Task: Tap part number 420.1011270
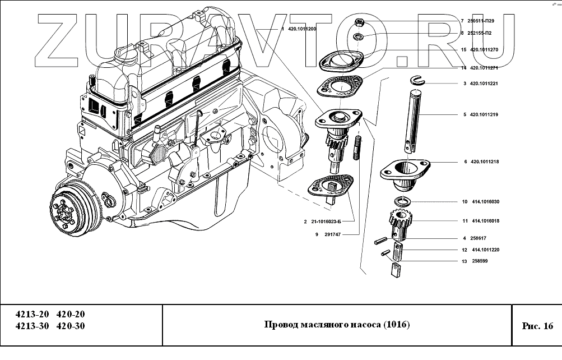point(485,49)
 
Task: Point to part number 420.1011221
point(485,84)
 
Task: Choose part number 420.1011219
point(485,114)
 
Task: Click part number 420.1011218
point(485,161)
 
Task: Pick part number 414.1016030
point(485,202)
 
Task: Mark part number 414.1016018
point(485,221)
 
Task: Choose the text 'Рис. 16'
point(537,326)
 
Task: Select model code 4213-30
point(31,326)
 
